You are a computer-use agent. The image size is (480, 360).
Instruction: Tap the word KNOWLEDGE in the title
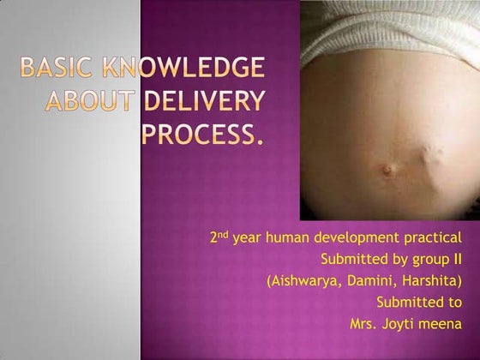pos(180,69)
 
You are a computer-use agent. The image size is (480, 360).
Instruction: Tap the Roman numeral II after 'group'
pos(458,258)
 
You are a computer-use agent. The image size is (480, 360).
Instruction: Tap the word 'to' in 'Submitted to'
pos(454,302)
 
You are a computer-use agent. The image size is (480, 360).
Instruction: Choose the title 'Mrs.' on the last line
pos(364,323)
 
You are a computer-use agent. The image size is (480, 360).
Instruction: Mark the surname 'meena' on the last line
pos(442,323)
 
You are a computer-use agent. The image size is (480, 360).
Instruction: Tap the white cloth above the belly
pos(386,34)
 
